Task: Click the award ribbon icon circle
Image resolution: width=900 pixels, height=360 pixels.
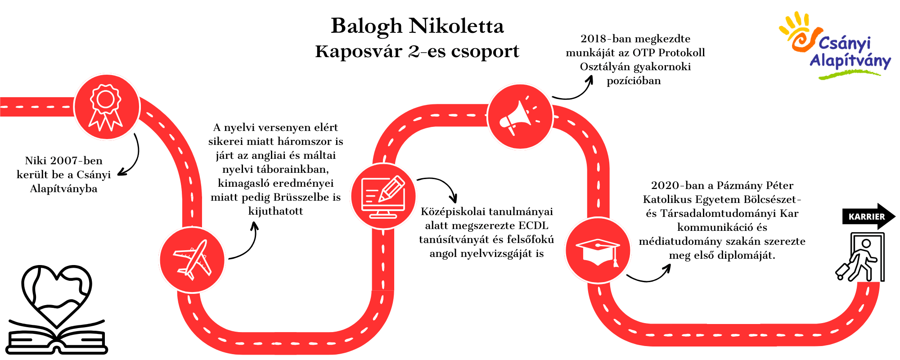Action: coord(107,107)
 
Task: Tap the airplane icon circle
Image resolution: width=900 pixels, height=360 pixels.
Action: coord(192,260)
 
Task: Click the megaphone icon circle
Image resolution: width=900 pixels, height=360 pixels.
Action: coord(520,117)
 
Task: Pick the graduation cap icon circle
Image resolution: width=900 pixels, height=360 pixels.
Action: coord(598,250)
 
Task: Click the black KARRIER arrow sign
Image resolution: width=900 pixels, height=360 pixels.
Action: coord(868,216)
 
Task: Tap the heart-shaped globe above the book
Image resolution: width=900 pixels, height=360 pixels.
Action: coord(57,295)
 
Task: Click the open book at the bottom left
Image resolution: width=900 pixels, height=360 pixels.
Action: coord(57,337)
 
